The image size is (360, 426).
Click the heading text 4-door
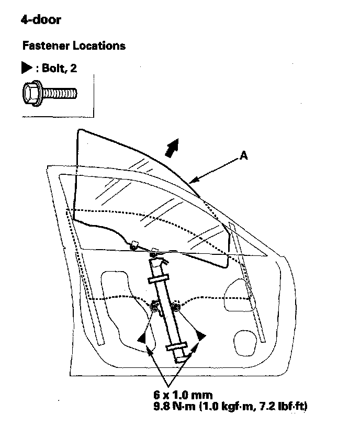[41, 20]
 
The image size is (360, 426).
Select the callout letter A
[243, 155]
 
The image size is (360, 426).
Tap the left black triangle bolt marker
[142, 339]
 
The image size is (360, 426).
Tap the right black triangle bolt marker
[201, 336]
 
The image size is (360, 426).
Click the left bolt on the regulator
[155, 307]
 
